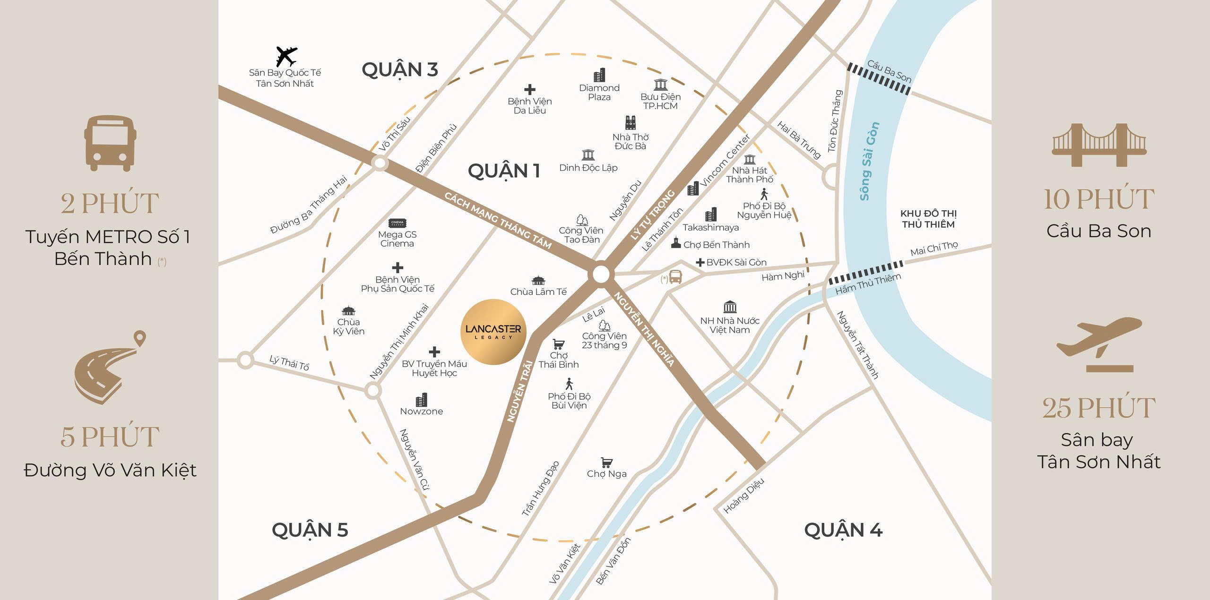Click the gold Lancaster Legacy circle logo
click(x=493, y=332)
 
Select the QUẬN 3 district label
click(x=399, y=69)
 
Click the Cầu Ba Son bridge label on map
click(x=889, y=71)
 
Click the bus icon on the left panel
click(x=110, y=143)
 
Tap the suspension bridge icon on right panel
click(x=1098, y=145)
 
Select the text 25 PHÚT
click(x=1098, y=408)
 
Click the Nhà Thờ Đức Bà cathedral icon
click(x=631, y=122)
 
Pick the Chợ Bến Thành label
click(x=716, y=245)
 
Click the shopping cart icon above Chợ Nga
click(x=606, y=462)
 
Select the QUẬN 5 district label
click(x=310, y=530)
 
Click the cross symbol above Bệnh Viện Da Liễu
click(x=529, y=89)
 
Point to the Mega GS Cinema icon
click(x=397, y=223)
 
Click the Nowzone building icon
click(x=421, y=400)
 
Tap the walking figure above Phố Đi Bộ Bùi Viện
click(x=569, y=384)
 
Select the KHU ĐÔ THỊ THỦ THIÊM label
click(x=928, y=219)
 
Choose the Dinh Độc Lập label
click(x=588, y=168)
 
